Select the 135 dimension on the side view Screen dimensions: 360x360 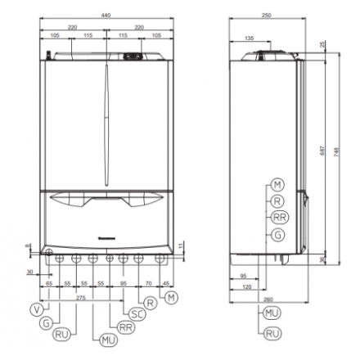[249, 38]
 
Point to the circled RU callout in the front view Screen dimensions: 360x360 [62, 335]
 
